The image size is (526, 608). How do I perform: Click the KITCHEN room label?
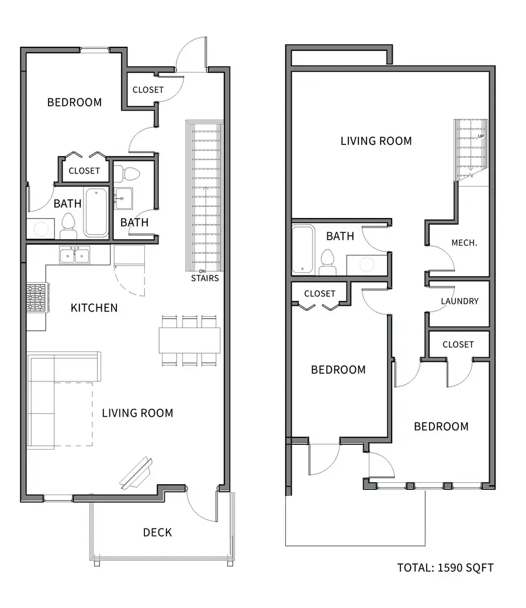94,308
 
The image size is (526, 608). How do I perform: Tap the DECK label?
157,533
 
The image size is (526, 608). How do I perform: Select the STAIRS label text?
205,278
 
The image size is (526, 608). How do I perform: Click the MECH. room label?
464,243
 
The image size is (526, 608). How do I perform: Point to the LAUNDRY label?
460,301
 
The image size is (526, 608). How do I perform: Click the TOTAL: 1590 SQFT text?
445,568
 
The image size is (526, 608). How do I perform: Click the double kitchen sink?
74,255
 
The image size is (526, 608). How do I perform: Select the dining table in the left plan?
189,340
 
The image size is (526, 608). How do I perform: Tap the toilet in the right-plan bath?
328,262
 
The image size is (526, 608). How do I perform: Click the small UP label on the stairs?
480,136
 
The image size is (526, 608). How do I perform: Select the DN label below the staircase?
202,271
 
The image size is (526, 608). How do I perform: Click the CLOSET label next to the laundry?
458,344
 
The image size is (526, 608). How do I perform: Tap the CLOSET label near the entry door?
148,89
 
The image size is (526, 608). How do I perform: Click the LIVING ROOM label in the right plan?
376,141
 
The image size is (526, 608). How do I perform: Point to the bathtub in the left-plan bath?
96,212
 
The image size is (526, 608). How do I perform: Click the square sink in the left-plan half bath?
123,199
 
